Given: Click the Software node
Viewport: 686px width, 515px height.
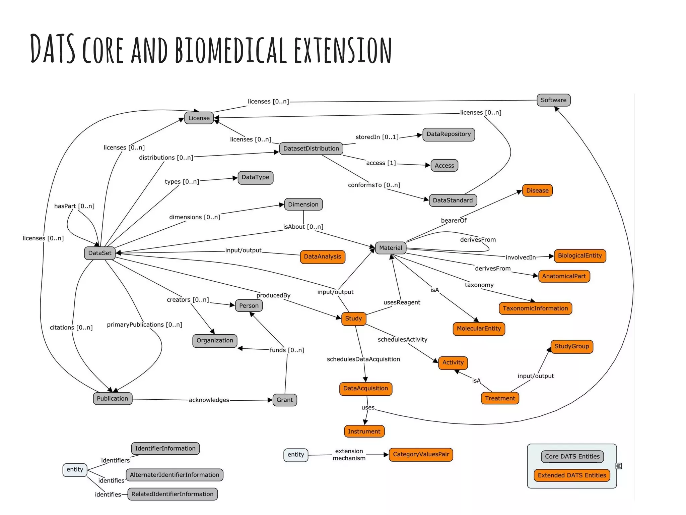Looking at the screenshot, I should pyautogui.click(x=553, y=100).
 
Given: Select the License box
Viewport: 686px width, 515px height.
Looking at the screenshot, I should pyautogui.click(x=199, y=118).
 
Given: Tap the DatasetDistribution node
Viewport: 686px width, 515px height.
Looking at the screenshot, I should pyautogui.click(x=311, y=149).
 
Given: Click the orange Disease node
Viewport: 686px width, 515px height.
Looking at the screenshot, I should pyautogui.click(x=537, y=190).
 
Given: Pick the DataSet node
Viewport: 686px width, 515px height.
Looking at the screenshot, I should pyautogui.click(x=100, y=253).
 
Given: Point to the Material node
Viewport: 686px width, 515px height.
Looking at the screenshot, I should pyautogui.click(x=391, y=248).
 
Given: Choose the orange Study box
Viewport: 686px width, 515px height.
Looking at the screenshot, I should pyautogui.click(x=353, y=319).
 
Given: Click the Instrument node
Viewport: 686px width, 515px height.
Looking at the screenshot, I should pyautogui.click(x=364, y=432).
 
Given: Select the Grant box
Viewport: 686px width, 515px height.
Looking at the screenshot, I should pyautogui.click(x=285, y=400).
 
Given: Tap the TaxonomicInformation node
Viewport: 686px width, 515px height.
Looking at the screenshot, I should pyautogui.click(x=535, y=308).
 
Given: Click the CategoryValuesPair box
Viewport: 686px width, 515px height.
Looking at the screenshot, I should pyautogui.click(x=421, y=455).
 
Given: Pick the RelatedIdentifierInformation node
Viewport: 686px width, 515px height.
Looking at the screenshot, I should pyautogui.click(x=173, y=494).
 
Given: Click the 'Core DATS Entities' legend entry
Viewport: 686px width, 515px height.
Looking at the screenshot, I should pyautogui.click(x=572, y=457).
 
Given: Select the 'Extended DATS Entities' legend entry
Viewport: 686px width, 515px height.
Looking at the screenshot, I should pyautogui.click(x=572, y=475).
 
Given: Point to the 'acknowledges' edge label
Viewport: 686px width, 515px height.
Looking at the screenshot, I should pyautogui.click(x=209, y=400).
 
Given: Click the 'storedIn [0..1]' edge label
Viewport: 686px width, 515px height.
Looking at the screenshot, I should pyautogui.click(x=377, y=137).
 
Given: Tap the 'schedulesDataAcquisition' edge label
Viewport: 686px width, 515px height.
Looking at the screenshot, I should pyautogui.click(x=363, y=359).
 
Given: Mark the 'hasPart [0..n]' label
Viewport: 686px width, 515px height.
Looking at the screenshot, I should pyautogui.click(x=74, y=206).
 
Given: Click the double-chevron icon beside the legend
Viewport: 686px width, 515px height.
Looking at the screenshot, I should pyautogui.click(x=619, y=466).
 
